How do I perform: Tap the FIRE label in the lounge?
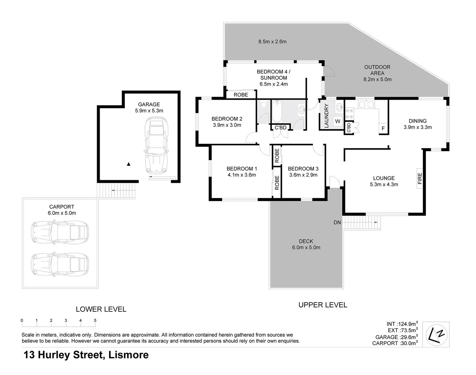coord(420,178)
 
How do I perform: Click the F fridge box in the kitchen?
coord(383,128)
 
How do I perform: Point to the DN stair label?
coord(337,222)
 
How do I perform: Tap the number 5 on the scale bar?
coord(95,320)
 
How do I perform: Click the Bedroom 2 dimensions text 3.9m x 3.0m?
coord(227,125)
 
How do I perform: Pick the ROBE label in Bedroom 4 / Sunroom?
coord(241,95)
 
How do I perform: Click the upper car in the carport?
coord(60,232)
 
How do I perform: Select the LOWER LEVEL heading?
coord(101,309)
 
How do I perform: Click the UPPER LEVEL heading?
coord(323,305)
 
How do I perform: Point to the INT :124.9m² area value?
coord(402,324)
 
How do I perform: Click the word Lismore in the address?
coord(129,355)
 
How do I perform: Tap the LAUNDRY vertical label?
coord(326,116)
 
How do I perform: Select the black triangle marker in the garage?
coord(129,164)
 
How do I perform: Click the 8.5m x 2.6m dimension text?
coord(272,42)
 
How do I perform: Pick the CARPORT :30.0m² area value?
coord(395,343)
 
